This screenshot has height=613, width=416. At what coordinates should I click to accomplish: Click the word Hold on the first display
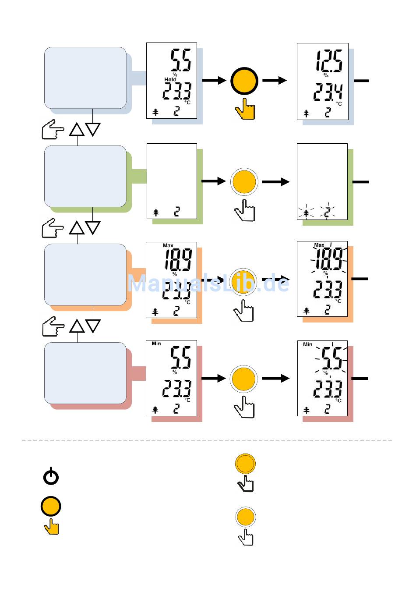[170, 79]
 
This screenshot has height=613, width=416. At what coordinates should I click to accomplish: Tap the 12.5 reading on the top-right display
[329, 61]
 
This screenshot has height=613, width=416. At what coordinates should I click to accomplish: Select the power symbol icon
[51, 476]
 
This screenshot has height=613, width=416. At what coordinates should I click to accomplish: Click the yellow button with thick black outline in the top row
[244, 81]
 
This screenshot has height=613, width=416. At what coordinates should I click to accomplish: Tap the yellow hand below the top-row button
[245, 109]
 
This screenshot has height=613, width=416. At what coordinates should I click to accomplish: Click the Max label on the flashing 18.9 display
[319, 245]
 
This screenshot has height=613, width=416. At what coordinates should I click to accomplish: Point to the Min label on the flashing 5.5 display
[308, 344]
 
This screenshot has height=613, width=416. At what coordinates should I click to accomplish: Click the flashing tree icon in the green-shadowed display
[306, 213]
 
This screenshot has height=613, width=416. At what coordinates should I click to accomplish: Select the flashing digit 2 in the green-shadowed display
[327, 213]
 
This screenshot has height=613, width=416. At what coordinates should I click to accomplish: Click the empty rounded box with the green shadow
[85, 176]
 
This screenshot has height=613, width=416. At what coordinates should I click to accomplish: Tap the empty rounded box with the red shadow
[85, 373]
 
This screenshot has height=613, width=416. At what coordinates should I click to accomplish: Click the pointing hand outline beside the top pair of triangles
[53, 129]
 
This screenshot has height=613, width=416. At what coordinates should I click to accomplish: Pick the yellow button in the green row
[244, 181]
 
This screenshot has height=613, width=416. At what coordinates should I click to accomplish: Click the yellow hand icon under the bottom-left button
[52, 527]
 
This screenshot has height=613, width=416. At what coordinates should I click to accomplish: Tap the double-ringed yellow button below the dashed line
[245, 464]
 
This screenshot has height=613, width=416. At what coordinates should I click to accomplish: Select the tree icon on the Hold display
[155, 112]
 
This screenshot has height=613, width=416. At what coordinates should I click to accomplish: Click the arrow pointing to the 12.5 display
[275, 81]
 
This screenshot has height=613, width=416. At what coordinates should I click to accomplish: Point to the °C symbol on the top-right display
[338, 104]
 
